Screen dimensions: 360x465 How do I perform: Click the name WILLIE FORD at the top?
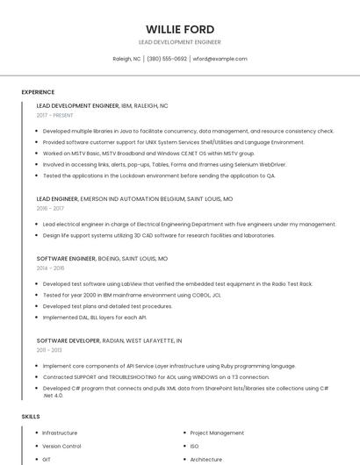click(180, 28)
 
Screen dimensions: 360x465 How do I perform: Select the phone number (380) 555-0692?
click(167, 59)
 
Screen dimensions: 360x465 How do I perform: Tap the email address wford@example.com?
click(220, 59)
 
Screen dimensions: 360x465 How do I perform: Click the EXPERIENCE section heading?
click(38, 92)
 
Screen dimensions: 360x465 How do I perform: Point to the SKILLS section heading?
click(30, 416)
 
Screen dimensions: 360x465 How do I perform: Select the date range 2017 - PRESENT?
click(55, 115)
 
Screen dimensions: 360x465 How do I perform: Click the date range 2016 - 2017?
click(50, 209)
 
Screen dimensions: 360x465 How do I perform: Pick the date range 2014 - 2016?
click(50, 268)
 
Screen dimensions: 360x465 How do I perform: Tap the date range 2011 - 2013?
click(49, 349)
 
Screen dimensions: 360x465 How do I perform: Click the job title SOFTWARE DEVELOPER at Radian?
click(68, 340)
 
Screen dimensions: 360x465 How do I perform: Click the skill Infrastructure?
click(60, 433)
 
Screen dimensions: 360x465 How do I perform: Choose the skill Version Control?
click(61, 446)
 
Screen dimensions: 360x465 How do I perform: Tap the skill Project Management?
click(217, 433)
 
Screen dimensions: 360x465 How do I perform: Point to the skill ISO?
click(194, 446)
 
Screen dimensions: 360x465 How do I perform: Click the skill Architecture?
click(206, 459)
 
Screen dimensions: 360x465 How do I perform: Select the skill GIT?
click(47, 459)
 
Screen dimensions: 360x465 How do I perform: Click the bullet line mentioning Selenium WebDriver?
click(164, 164)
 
